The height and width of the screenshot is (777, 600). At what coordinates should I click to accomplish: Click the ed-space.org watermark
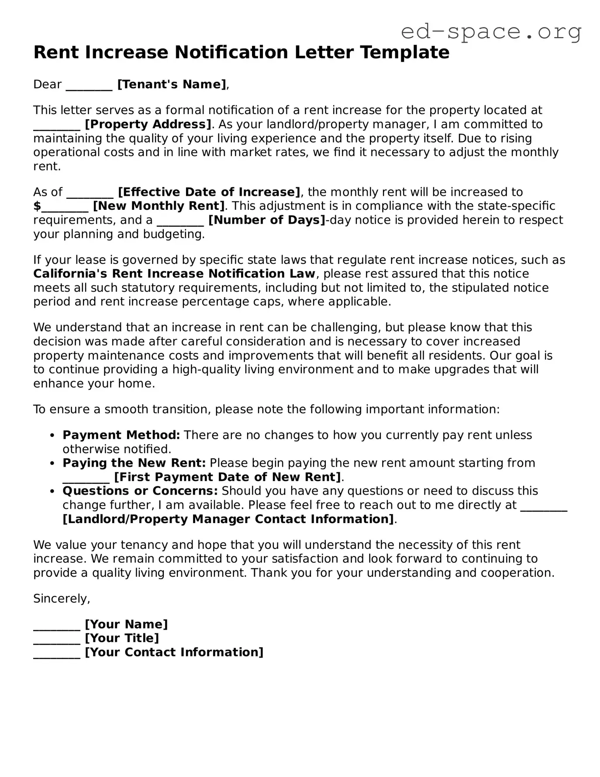pyautogui.click(x=491, y=32)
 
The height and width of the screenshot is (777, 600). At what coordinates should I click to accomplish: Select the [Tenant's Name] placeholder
pyautogui.click(x=172, y=84)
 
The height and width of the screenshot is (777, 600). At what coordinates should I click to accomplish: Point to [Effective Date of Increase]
pyautogui.click(x=209, y=192)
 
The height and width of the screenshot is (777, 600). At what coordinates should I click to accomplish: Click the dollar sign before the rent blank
pyautogui.click(x=37, y=206)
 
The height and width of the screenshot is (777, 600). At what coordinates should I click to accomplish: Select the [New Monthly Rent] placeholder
pyautogui.click(x=159, y=206)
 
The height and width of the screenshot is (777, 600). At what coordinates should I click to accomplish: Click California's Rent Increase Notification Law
pyautogui.click(x=174, y=274)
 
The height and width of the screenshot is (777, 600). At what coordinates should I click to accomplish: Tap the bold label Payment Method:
pyautogui.click(x=121, y=435)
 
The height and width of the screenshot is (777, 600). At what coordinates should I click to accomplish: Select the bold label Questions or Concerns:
pyautogui.click(x=140, y=491)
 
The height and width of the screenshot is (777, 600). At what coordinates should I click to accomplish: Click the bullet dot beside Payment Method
pyautogui.click(x=52, y=436)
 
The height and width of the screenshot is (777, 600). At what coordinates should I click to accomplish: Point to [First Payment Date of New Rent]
pyautogui.click(x=227, y=477)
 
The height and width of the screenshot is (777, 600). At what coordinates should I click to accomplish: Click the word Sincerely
pyautogui.click(x=61, y=599)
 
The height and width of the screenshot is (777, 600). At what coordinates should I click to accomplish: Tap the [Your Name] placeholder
pyautogui.click(x=126, y=624)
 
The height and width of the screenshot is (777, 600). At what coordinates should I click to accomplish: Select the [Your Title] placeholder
pyautogui.click(x=122, y=638)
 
